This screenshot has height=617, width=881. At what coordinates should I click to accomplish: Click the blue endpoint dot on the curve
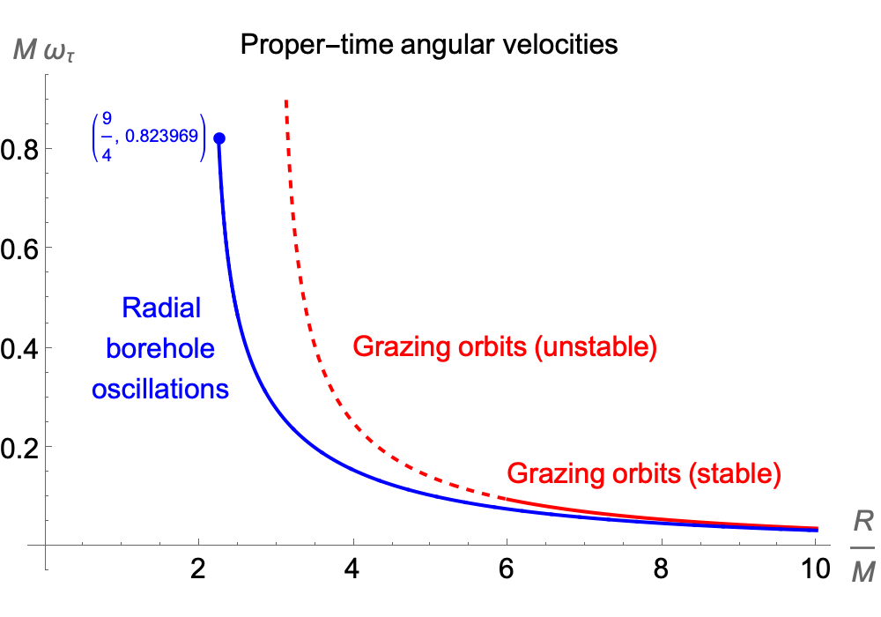[219, 138]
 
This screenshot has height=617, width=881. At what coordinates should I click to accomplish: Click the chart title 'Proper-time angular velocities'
[429, 44]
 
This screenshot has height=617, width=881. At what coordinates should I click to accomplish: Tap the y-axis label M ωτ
[44, 49]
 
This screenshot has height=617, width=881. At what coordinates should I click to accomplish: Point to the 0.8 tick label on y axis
[19, 150]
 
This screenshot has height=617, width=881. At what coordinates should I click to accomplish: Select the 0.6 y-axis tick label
[19, 249]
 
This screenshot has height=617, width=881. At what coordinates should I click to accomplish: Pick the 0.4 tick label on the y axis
[19, 348]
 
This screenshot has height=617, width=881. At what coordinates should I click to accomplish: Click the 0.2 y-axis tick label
[19, 448]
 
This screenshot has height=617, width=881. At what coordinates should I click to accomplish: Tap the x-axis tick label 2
[197, 569]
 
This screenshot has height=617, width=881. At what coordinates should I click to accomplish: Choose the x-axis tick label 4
[352, 569]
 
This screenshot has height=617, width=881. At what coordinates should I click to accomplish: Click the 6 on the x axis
[507, 569]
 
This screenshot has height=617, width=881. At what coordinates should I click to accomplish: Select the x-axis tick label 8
[661, 569]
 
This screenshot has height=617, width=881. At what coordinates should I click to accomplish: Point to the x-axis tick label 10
[815, 569]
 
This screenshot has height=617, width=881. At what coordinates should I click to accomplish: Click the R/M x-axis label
[863, 547]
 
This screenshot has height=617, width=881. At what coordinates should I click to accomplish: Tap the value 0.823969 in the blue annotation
[162, 136]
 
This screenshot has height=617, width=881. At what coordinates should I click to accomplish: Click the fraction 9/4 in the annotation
[107, 138]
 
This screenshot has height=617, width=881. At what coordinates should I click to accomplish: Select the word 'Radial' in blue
[161, 308]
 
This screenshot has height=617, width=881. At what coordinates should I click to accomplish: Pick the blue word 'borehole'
[160, 348]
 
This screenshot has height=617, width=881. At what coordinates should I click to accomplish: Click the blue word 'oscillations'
[160, 389]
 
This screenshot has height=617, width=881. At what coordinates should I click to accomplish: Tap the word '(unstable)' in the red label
[596, 346]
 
